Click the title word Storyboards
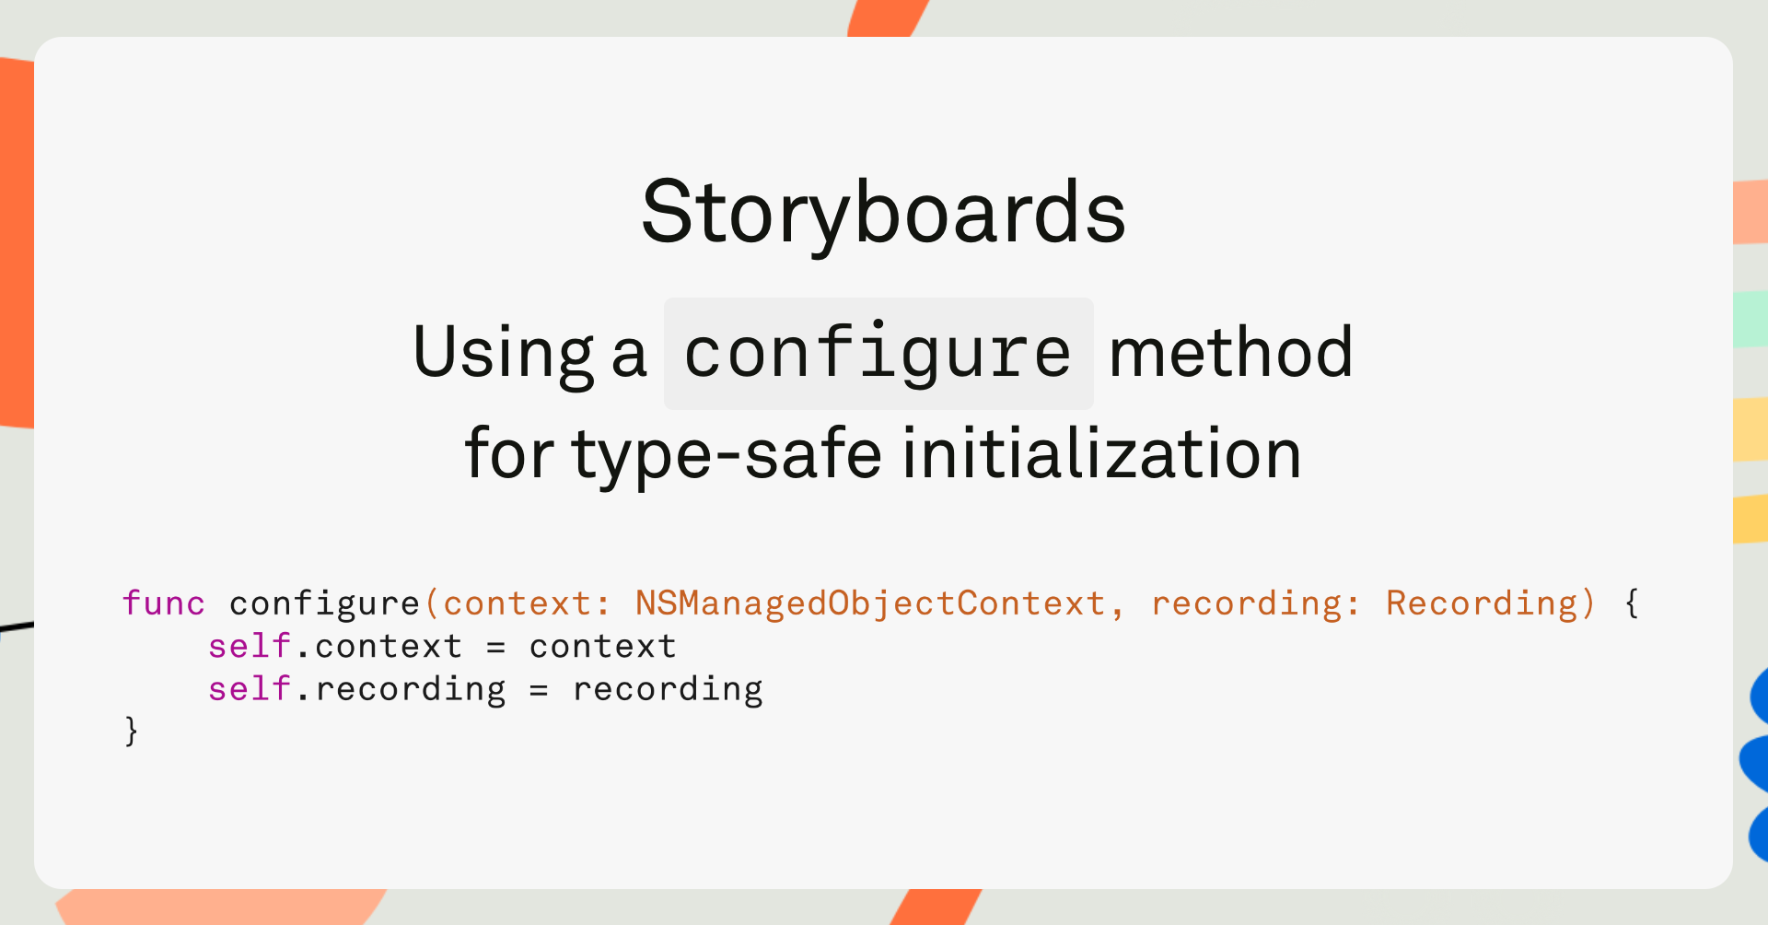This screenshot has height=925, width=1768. click(883, 213)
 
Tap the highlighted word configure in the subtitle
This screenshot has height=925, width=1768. click(878, 354)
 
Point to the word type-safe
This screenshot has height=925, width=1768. click(727, 454)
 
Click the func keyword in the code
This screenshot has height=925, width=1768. click(164, 603)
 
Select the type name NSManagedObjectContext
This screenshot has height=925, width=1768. click(870, 604)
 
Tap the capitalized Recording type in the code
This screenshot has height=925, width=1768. click(1483, 604)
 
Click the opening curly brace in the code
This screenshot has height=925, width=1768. click(1632, 604)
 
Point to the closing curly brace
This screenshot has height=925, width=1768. click(132, 732)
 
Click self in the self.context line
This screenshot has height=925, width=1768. click(250, 646)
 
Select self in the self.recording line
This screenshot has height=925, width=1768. click(250, 688)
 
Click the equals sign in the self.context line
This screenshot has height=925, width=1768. click(496, 648)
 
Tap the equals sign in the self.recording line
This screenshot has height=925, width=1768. click(540, 690)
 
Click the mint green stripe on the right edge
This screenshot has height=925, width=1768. click(1751, 319)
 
